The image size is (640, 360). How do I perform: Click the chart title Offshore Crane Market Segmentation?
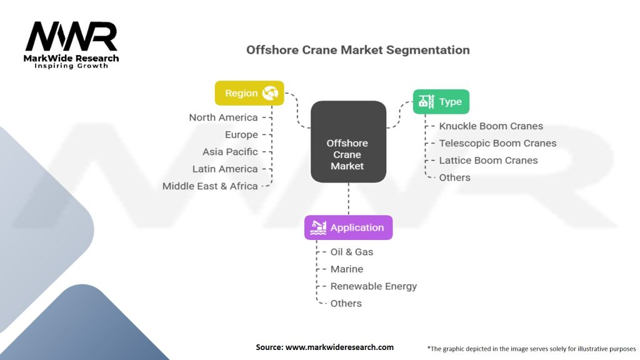pos(357,49)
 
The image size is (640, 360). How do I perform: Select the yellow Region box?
pos(249,93)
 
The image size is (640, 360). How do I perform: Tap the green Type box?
pos(441,102)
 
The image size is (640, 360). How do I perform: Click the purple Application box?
pos(348,227)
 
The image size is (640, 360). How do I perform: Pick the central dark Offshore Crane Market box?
pos(347,142)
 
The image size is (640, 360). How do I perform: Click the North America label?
pos(224,117)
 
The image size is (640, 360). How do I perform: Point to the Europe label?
pos(241,134)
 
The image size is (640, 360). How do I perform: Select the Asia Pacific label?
pos(230,152)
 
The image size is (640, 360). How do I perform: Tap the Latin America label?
pos(225,169)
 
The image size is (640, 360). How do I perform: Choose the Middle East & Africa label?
pos(210,186)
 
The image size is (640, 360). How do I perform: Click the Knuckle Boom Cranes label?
pos(491,126)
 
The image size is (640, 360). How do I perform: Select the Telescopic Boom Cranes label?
pos(497,143)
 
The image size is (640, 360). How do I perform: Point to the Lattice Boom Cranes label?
pos(488,160)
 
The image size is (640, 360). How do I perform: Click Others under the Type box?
pos(454,177)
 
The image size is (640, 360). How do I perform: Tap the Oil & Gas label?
pos(351,252)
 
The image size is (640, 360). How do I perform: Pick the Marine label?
pos(346,269)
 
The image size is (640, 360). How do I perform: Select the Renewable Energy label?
pos(373,286)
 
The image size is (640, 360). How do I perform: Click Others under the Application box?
pos(346,303)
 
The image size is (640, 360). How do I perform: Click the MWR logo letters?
pos(71,37)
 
